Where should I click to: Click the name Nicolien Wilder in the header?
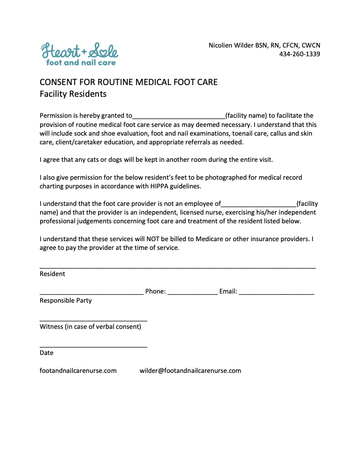click(x=231, y=45)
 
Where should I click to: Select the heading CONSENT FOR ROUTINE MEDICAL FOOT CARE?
click(x=129, y=82)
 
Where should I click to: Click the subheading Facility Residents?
click(x=73, y=94)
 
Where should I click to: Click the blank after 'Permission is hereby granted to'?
click(x=179, y=116)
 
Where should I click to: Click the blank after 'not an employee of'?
click(x=259, y=204)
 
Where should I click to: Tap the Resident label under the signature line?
click(x=52, y=274)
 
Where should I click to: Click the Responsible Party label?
click(x=66, y=300)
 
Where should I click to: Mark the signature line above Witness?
click(x=93, y=321)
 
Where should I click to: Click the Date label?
click(x=47, y=353)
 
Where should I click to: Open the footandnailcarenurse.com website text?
click(x=78, y=371)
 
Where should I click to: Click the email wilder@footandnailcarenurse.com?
click(x=190, y=371)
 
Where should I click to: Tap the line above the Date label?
click(x=93, y=347)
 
